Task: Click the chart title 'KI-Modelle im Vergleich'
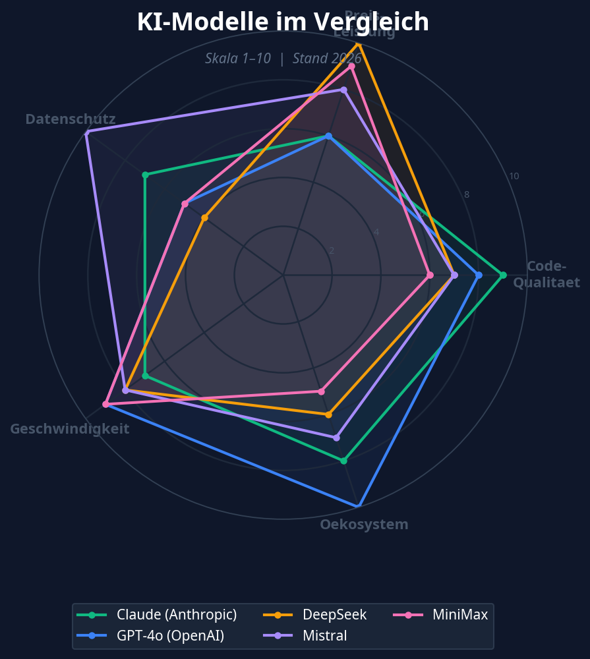pyautogui.click(x=283, y=22)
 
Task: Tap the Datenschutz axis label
pyautogui.click(x=71, y=119)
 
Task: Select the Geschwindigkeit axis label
pyautogui.click(x=69, y=429)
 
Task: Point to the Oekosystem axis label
pyautogui.click(x=364, y=525)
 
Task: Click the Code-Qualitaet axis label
pyautogui.click(x=546, y=275)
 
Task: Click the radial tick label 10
pyautogui.click(x=514, y=177)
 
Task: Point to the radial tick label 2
pyautogui.click(x=332, y=250)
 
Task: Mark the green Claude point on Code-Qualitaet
pyautogui.click(x=503, y=275)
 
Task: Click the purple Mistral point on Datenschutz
pyautogui.click(x=86, y=132)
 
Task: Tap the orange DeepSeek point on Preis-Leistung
pyautogui.click(x=359, y=43)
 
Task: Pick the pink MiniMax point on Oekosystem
pyautogui.click(x=322, y=391)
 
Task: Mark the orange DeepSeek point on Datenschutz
pyautogui.click(x=204, y=217)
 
